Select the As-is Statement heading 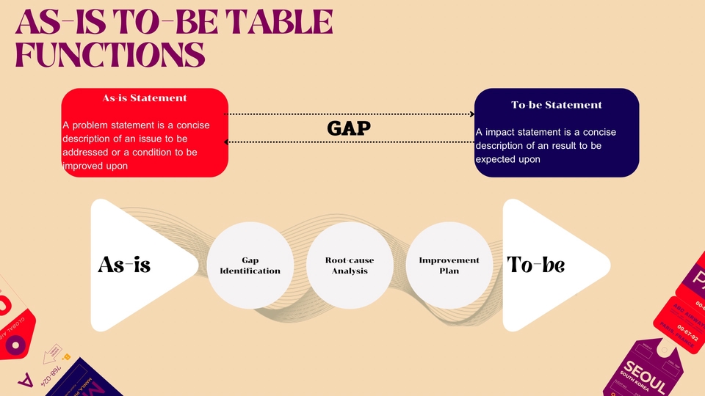tap(145, 98)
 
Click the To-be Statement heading tap(556, 105)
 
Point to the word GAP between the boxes tap(349, 128)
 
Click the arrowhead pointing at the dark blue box tap(471, 114)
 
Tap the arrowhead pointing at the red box tap(227, 142)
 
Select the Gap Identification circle tap(250, 265)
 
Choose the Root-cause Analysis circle tap(350, 265)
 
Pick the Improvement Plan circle tap(449, 265)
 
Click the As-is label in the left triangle tap(124, 265)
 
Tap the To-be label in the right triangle tap(536, 265)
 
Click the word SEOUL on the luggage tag tap(644, 376)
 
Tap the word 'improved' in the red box tap(85, 166)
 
